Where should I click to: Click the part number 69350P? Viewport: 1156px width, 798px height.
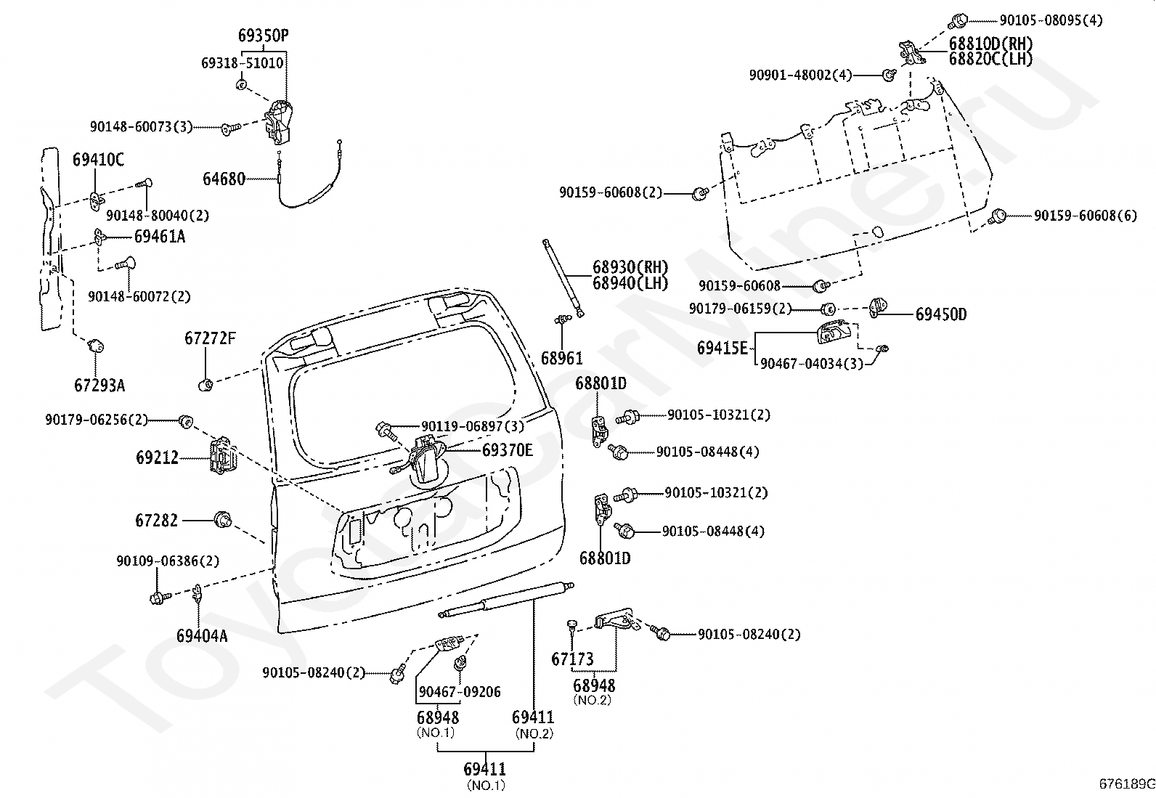[x=263, y=36]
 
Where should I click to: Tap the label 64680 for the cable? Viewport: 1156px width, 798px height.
[x=224, y=179]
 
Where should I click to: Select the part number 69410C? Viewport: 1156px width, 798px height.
[x=98, y=160]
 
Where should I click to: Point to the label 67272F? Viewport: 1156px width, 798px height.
[x=210, y=338]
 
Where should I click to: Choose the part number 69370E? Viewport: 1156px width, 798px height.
[x=508, y=450]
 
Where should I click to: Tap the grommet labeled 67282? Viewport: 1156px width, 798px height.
[x=223, y=519]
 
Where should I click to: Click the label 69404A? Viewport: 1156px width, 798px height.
[x=202, y=636]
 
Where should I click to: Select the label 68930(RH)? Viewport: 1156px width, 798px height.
[x=630, y=267]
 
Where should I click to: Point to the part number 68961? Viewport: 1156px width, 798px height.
[x=561, y=358]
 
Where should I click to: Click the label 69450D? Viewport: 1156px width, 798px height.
[x=941, y=314]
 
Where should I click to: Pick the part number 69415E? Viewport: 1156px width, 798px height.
[x=722, y=349]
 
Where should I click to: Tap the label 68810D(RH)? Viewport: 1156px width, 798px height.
[x=990, y=44]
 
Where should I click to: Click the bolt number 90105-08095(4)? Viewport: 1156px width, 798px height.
[x=1051, y=20]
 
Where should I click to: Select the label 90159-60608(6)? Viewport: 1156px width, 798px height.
[x=1086, y=216]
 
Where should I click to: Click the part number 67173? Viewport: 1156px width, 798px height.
[x=572, y=659]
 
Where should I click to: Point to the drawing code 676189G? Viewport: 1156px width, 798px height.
[x=1127, y=783]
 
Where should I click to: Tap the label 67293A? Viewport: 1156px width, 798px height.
[x=99, y=386]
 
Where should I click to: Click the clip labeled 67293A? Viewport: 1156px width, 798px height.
[x=96, y=346]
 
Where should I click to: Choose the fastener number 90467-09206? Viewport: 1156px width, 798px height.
[x=460, y=692]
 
